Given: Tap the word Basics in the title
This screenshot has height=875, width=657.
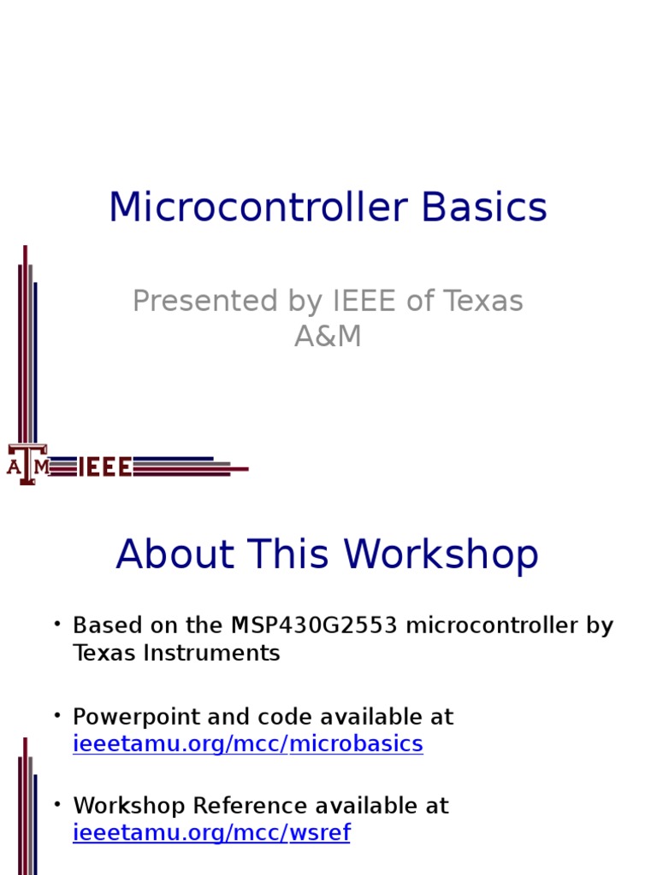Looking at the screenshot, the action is point(484,207).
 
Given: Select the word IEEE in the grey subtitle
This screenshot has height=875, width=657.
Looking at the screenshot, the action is point(364,301).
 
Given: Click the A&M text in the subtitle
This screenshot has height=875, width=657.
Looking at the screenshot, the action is point(328,336).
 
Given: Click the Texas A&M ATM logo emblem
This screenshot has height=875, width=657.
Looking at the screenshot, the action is point(27,464).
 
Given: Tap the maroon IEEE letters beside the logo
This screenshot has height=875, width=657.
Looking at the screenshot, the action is point(105,467).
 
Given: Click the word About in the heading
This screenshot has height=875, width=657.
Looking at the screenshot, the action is point(175,554).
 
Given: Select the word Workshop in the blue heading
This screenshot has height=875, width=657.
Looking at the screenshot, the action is point(441,555).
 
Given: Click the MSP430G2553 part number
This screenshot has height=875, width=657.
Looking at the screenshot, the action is point(314,625).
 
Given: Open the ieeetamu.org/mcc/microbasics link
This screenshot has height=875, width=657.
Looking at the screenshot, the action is point(248,744).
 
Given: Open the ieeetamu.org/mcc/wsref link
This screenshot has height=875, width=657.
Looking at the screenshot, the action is point(212,832).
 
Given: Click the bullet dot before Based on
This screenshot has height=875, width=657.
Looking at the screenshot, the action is point(57,623).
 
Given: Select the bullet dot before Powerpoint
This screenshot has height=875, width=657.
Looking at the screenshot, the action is point(57,715).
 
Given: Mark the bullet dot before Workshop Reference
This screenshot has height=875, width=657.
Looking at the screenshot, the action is point(57,803).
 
